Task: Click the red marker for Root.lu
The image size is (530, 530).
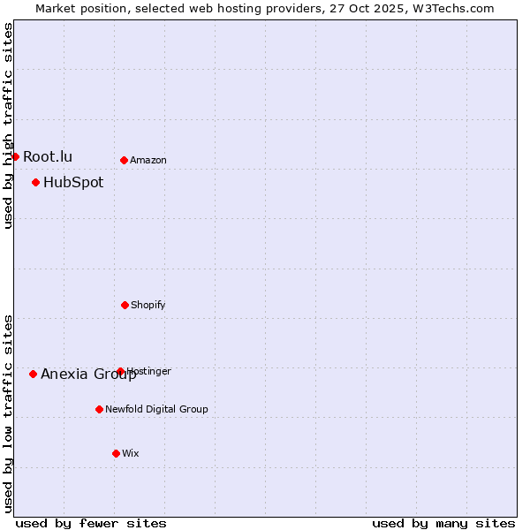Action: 15,156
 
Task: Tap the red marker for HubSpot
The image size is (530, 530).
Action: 35,182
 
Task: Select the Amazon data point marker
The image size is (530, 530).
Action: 124,160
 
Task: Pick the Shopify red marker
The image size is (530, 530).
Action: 125,305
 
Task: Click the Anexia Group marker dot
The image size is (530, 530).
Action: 33,374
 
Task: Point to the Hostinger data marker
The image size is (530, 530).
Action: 120,371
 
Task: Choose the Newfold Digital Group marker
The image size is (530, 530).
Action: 99,409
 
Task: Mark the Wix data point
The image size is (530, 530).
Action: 116,453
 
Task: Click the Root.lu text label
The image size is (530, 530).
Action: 48,156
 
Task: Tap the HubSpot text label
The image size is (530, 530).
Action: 73,182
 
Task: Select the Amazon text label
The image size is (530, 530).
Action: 148,160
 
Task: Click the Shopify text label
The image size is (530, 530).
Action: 148,305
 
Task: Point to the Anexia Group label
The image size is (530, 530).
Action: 88,374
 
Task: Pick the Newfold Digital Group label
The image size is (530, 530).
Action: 156,409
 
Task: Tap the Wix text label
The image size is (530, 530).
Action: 131,453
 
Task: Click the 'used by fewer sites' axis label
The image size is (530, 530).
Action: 91,523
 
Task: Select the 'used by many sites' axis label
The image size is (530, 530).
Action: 443,523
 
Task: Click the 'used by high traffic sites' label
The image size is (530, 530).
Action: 8,125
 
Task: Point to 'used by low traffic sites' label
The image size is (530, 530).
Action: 8,413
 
